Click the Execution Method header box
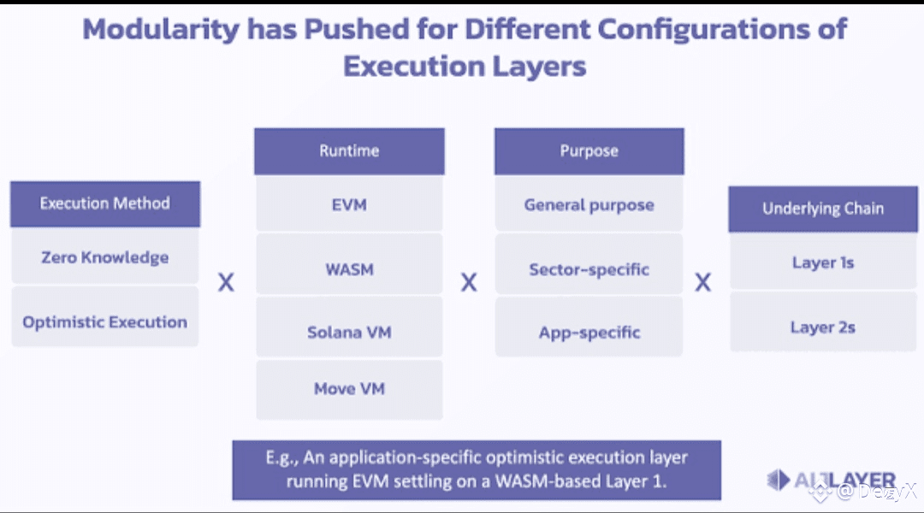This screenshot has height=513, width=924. pos(105,203)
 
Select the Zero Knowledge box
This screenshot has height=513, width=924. pos(105,257)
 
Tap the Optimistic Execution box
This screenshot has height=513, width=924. pos(105,322)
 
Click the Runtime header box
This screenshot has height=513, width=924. pos(349,151)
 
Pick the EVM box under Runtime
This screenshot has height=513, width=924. pos(349,204)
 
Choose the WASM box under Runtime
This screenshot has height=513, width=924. pos(349,269)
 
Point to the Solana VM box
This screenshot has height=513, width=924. pos(349,332)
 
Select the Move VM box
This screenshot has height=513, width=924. pos(349,389)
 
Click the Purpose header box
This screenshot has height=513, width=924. pos(589,151)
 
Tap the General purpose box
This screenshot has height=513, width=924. pos(589,205)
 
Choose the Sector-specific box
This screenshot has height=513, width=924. pos(589,269)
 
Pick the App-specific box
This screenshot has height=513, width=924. pos(589,332)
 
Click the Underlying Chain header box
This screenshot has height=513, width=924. pos(822,209)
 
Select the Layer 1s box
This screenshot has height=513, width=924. pos(822,262)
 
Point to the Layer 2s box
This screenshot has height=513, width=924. pos(822,327)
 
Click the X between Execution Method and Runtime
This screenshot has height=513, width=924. pos(226,282)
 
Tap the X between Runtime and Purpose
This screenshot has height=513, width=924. pos(469,282)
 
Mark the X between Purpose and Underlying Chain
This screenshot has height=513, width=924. pos(702,282)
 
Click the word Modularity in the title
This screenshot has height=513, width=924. pos(161,29)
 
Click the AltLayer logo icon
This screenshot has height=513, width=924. pos(779,480)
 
